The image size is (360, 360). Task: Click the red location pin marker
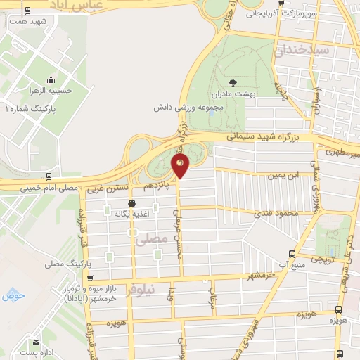(180, 166)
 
